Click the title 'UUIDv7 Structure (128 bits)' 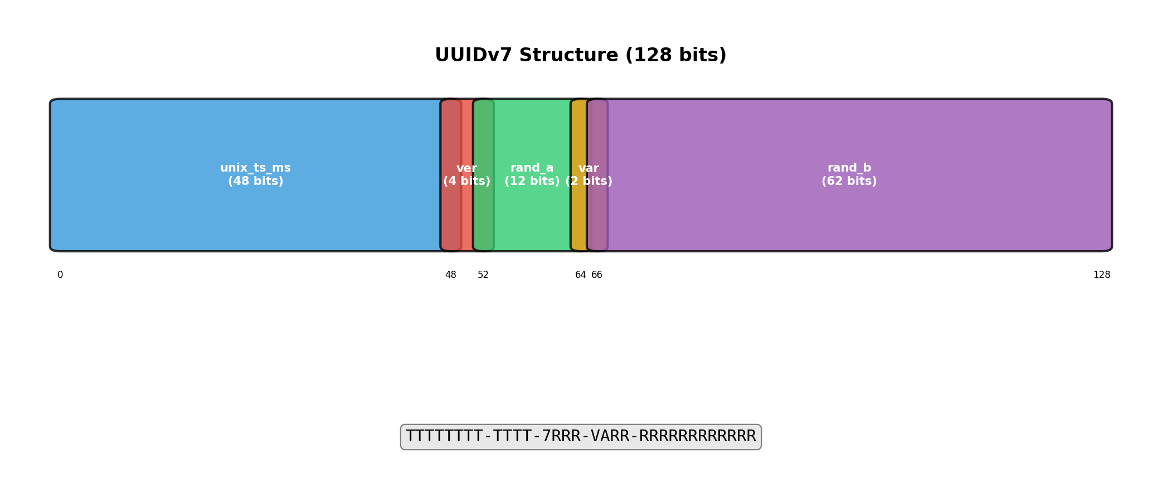pyautogui.click(x=580, y=56)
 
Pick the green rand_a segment pyautogui.click(x=532, y=217)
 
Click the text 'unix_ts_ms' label pyautogui.click(x=255, y=168)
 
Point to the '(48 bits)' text pyautogui.click(x=255, y=182)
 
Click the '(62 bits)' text pyautogui.click(x=849, y=182)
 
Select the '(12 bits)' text pyautogui.click(x=532, y=182)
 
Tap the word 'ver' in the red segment pyautogui.click(x=466, y=168)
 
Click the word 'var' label pyautogui.click(x=589, y=168)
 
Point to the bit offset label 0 pyautogui.click(x=60, y=275)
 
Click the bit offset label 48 pyautogui.click(x=450, y=275)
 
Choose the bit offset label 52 pyautogui.click(x=483, y=275)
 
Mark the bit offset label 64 pyautogui.click(x=580, y=275)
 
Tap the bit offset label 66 pyautogui.click(x=597, y=275)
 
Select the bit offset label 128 pyautogui.click(x=1101, y=275)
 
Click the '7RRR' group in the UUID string pyautogui.click(x=561, y=437)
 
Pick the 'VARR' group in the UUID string pyautogui.click(x=610, y=437)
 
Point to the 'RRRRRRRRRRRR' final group pyautogui.click(x=697, y=437)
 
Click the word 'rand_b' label pyautogui.click(x=849, y=168)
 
